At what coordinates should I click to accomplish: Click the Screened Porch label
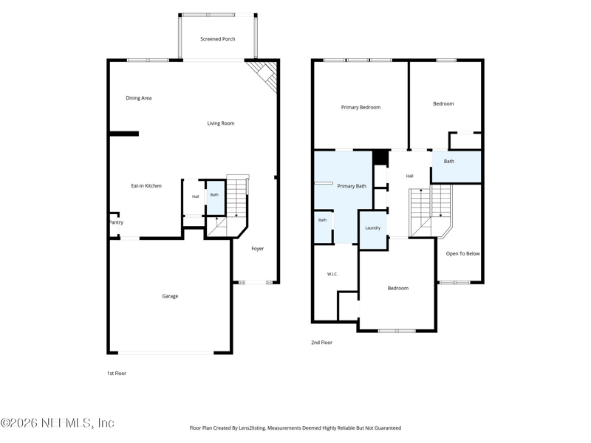click(217, 39)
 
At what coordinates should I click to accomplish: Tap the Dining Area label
click(139, 98)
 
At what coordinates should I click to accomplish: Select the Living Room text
click(220, 123)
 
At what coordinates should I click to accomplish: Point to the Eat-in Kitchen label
click(146, 186)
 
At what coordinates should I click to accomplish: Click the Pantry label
click(116, 222)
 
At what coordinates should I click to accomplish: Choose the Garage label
click(170, 296)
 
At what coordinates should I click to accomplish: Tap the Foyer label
click(257, 249)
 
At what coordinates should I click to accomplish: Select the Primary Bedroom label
click(361, 107)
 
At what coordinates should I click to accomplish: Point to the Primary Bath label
click(352, 186)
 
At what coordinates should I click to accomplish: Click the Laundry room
click(373, 230)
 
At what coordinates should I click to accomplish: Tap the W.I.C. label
click(332, 274)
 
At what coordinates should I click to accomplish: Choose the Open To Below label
click(463, 253)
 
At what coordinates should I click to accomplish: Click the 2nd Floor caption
click(321, 343)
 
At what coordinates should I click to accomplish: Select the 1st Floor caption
click(117, 374)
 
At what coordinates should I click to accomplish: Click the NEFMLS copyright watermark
click(58, 422)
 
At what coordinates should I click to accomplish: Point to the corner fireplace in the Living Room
click(265, 76)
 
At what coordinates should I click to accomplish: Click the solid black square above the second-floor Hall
click(380, 157)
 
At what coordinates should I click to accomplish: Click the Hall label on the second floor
click(410, 176)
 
